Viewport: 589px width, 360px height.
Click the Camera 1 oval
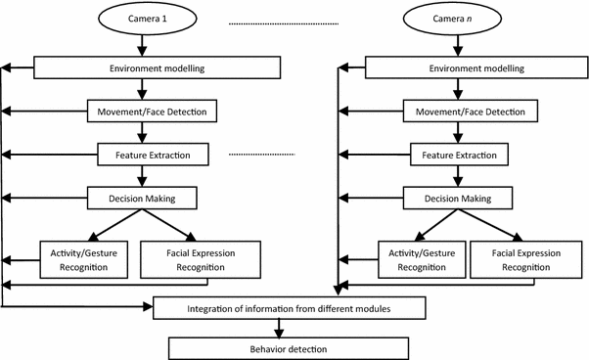144,19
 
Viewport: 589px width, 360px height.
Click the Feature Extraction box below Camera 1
144,155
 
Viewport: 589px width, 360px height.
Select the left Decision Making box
144,198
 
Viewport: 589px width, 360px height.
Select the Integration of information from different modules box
291,309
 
